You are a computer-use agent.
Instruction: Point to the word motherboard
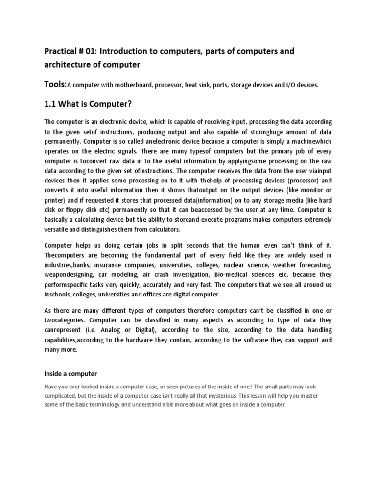(x=133, y=85)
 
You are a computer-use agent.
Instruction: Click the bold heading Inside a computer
(x=70, y=374)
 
